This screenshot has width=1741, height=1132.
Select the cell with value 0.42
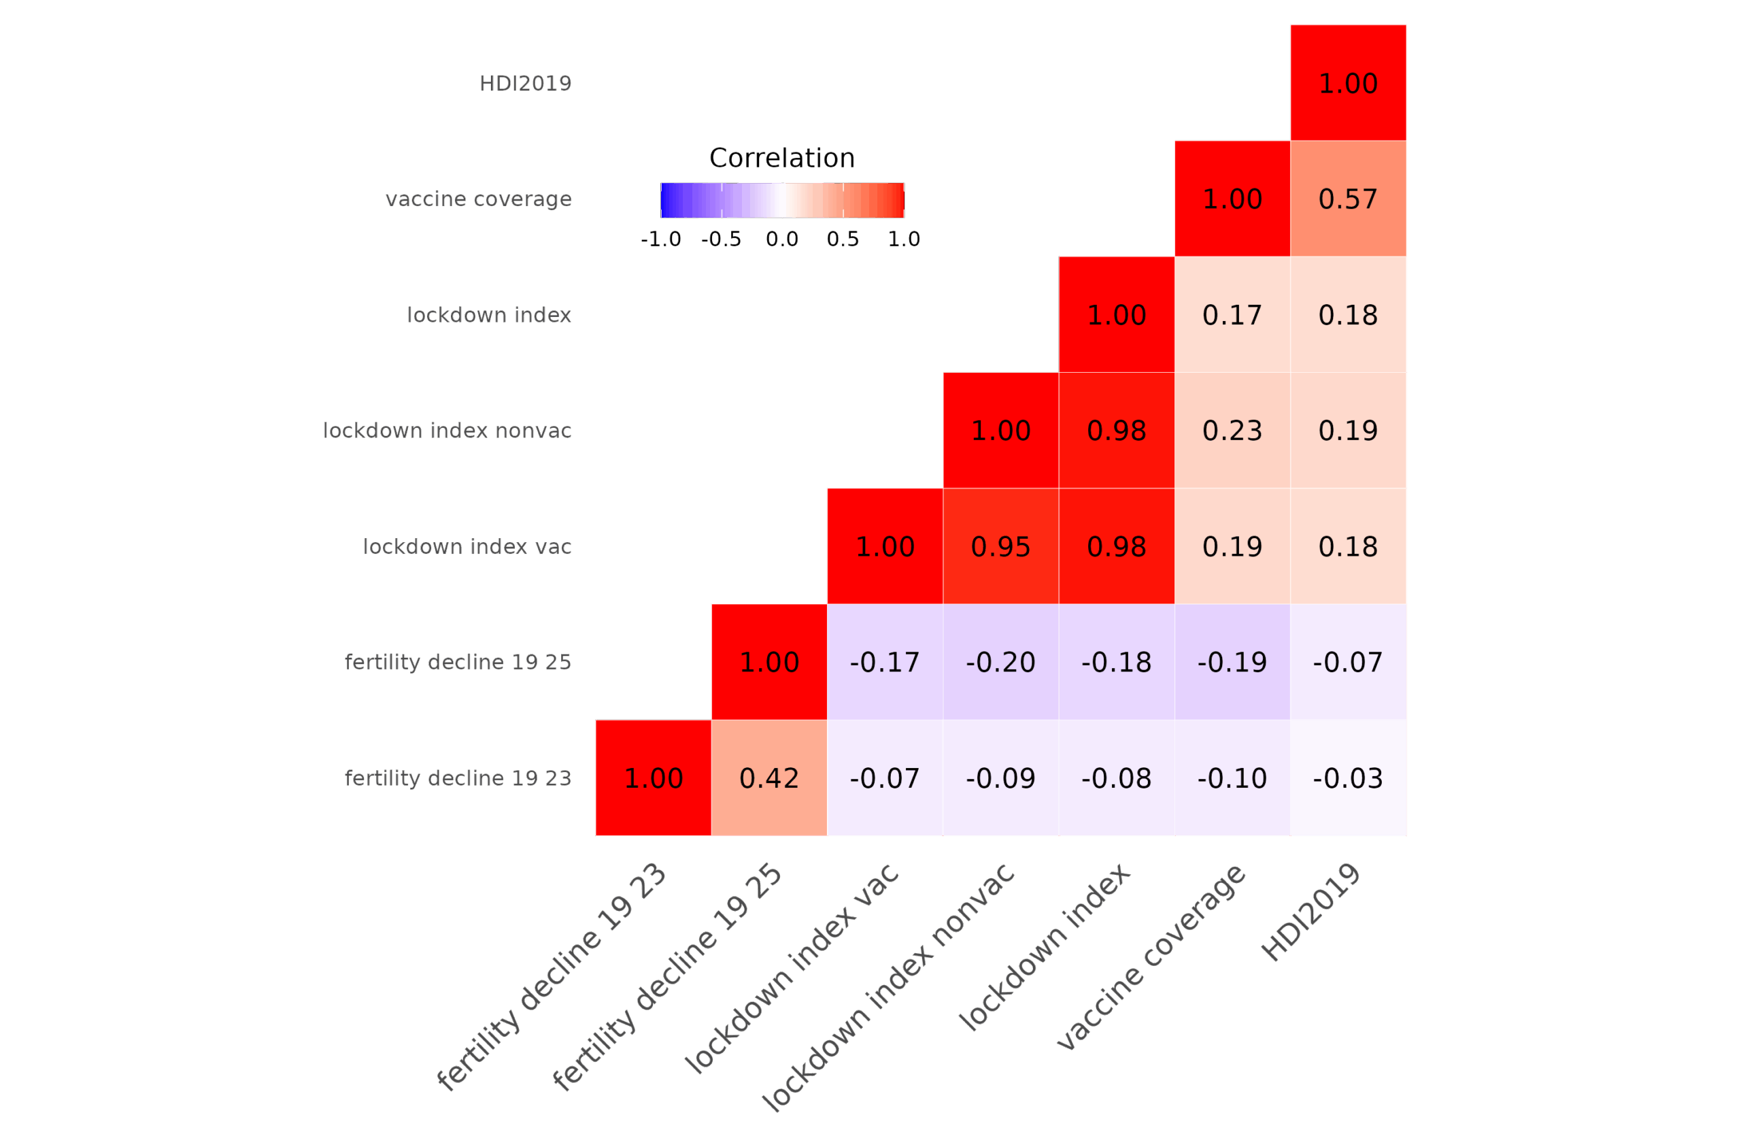(x=768, y=778)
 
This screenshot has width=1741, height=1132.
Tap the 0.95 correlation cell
(x=1000, y=546)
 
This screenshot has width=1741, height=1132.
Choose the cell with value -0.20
(x=1000, y=662)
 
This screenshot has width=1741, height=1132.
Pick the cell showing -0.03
(x=1347, y=778)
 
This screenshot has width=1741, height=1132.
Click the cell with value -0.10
(x=1232, y=778)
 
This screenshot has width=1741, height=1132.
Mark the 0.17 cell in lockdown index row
(x=1232, y=315)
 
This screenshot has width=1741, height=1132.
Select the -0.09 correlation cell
(x=1000, y=778)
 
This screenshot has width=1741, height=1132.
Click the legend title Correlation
(x=781, y=158)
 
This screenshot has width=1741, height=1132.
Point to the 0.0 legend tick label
(x=782, y=239)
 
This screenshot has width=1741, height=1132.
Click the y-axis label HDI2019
(x=524, y=84)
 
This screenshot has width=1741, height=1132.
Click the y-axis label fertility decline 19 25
(x=457, y=662)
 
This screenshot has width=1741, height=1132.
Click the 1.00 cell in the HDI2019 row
(x=1347, y=83)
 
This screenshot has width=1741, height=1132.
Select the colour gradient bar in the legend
(x=782, y=200)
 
